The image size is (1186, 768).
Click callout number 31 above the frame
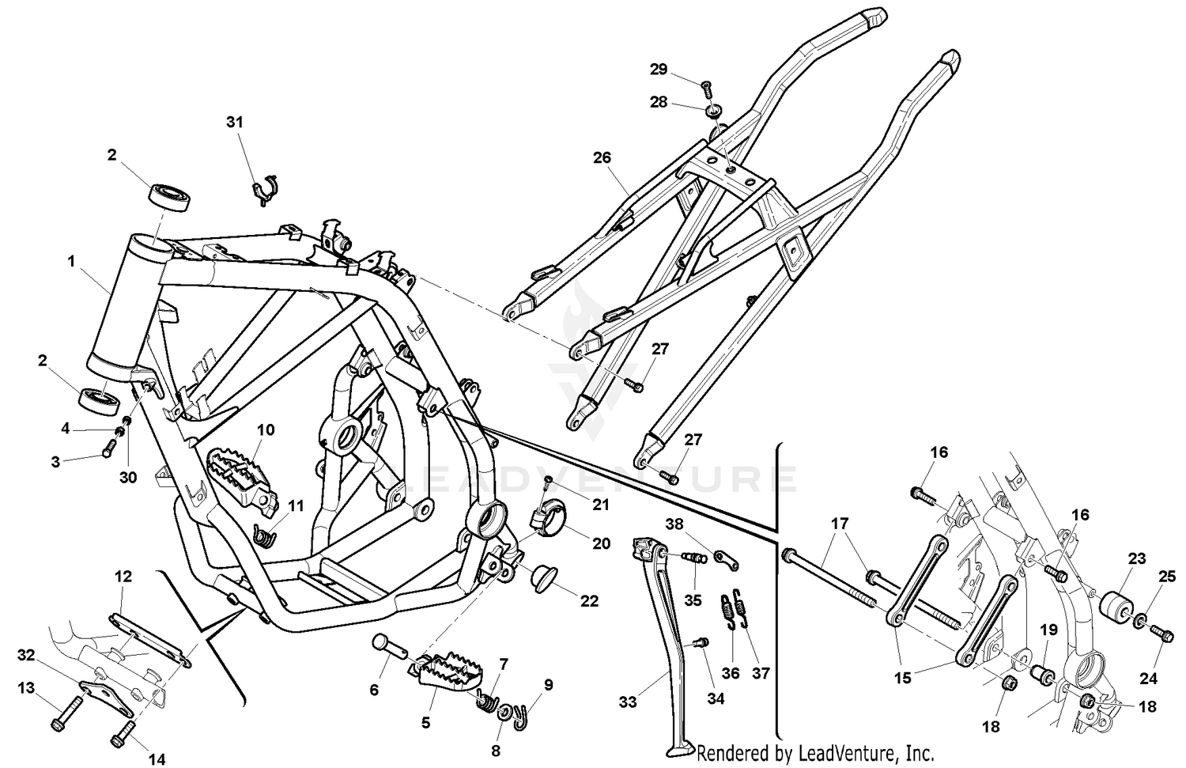click(235, 122)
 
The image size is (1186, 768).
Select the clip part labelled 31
click(263, 191)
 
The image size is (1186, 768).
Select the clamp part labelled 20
click(545, 522)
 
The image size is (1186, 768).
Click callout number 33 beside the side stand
click(627, 701)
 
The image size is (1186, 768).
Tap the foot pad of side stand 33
click(678, 749)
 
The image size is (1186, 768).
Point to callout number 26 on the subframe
click(602, 157)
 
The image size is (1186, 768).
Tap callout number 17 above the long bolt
click(839, 523)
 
